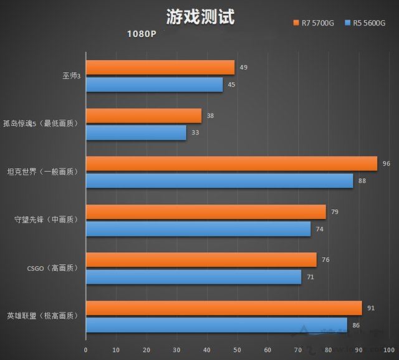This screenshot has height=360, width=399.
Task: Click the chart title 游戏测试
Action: pos(201,17)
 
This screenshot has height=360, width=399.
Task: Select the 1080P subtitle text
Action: pos(141,34)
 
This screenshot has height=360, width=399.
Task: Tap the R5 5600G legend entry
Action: pos(368,24)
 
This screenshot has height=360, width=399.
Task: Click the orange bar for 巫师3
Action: pos(160,67)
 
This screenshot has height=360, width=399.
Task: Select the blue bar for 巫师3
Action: pos(154,84)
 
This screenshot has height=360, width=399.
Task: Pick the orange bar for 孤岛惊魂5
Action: pos(143,115)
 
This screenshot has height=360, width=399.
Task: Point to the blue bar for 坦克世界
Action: pos(219,181)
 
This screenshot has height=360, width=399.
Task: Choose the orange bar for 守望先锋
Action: pos(206,212)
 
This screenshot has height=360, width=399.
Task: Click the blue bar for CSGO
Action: pos(193,277)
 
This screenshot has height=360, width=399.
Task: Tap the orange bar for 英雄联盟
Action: pos(224,308)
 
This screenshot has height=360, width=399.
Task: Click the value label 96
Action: pos(387,163)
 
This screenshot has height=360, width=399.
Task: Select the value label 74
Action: pos(320,229)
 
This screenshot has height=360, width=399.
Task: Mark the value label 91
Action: pos(372,307)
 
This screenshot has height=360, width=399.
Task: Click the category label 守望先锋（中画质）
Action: pos(46,220)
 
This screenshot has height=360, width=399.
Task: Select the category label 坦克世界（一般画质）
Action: pos(42,171)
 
